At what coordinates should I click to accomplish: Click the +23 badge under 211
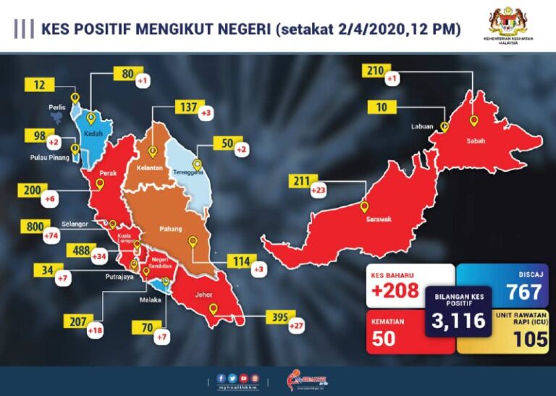click(319, 191)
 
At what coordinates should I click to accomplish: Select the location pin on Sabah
click(474, 121)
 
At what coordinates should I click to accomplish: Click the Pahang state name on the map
click(171, 231)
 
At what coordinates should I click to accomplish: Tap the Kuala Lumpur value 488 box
click(77, 250)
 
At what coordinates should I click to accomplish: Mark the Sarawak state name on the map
click(377, 220)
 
